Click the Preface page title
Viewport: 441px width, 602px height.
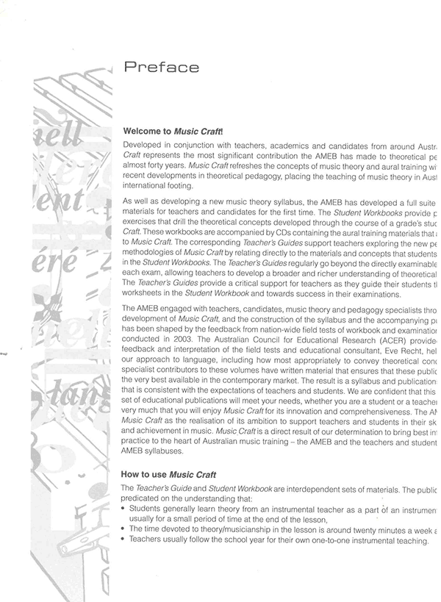(x=161, y=68)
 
